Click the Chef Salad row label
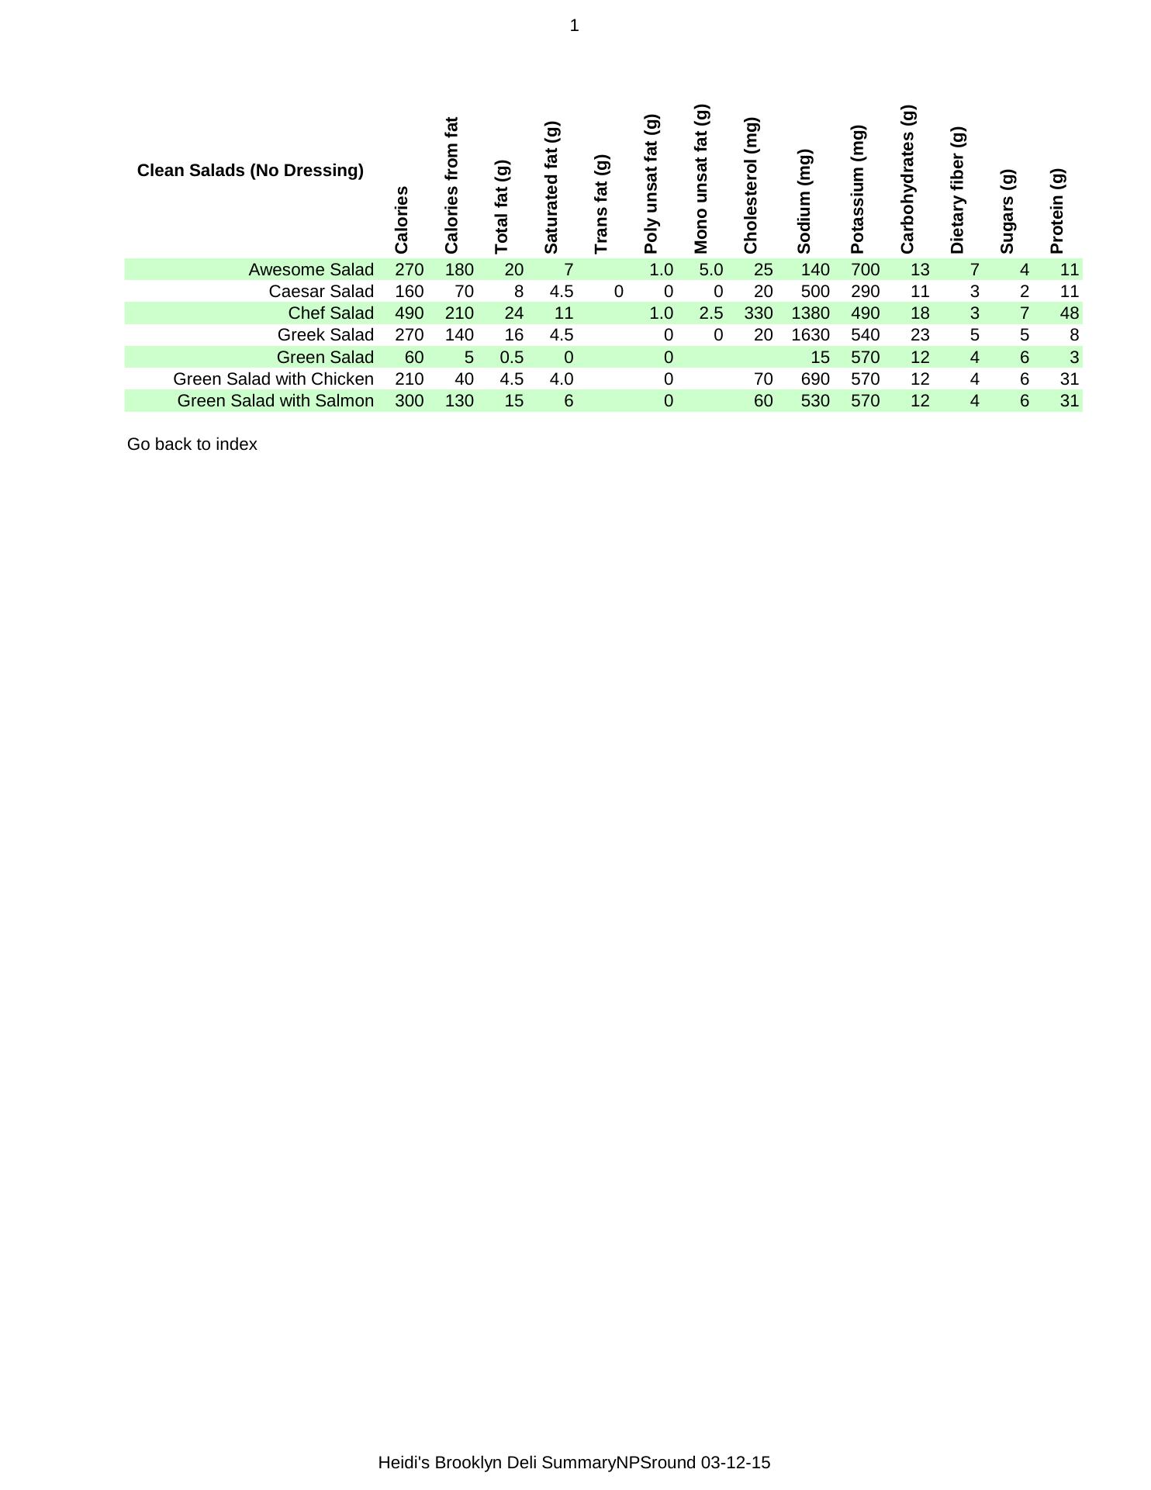coord(330,313)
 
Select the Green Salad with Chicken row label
coord(273,379)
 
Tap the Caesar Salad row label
coord(320,292)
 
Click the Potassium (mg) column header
coord(857,189)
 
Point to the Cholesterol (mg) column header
coord(751,186)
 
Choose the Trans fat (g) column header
coord(602,204)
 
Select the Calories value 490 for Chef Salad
coord(409,313)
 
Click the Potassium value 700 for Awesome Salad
coord(865,270)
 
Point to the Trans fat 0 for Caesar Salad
coord(618,292)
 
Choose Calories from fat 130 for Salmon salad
coord(459,401)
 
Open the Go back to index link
coord(192,444)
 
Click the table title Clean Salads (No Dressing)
coord(250,171)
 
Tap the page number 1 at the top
coord(574,26)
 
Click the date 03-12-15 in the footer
coord(735,1463)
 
